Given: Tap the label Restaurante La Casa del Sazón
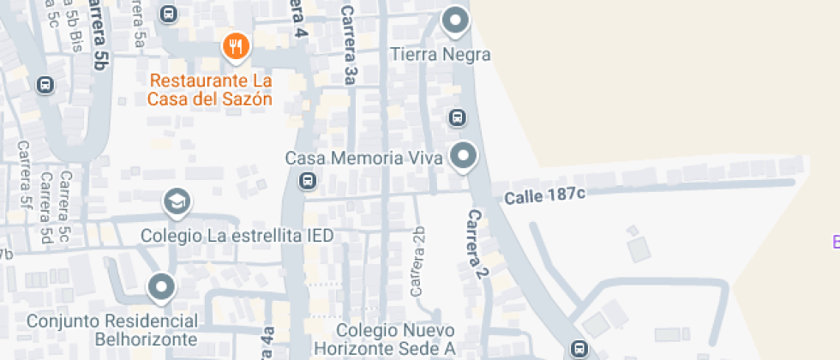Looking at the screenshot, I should coord(210,90).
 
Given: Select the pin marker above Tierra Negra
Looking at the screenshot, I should coord(454,21).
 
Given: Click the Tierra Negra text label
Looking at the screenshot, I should coord(441,55).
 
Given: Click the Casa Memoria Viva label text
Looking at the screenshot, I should coord(363,159).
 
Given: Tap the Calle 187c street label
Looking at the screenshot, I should coord(544,195).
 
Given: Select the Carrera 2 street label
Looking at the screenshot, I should coord(477,245).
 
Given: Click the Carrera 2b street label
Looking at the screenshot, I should coord(418,261).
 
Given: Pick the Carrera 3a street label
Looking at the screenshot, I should coord(349,45).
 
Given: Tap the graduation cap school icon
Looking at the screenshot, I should coord(177,202).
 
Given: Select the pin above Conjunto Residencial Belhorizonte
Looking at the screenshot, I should coord(161,287).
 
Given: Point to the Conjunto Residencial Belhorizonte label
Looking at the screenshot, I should coord(112,330).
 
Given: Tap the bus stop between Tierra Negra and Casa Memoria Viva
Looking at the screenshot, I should coord(458,117).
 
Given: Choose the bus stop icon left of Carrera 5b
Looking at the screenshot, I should coord(45,85).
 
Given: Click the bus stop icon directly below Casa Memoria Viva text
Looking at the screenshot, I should coord(307,181).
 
